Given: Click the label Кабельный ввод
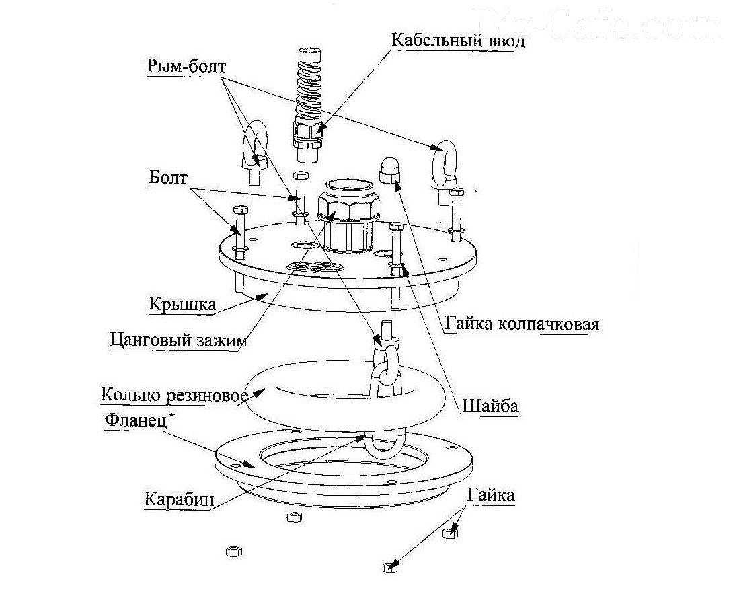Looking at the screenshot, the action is pyautogui.click(x=458, y=40).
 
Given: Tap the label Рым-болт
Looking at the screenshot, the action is pyautogui.click(x=186, y=66).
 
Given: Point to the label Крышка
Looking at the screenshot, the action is pyautogui.click(x=182, y=304).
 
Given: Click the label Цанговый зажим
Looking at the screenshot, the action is pyautogui.click(x=179, y=340).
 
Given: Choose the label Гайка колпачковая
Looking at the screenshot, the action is pyautogui.click(x=522, y=323).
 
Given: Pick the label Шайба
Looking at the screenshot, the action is pyautogui.click(x=490, y=406).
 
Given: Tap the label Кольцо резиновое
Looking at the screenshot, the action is pyautogui.click(x=174, y=395).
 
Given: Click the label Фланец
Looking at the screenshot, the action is pyautogui.click(x=136, y=420).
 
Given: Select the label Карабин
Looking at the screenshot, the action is pyautogui.click(x=179, y=499).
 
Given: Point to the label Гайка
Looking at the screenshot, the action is pyautogui.click(x=490, y=494).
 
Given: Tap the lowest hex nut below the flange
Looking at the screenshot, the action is pyautogui.click(x=390, y=566).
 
